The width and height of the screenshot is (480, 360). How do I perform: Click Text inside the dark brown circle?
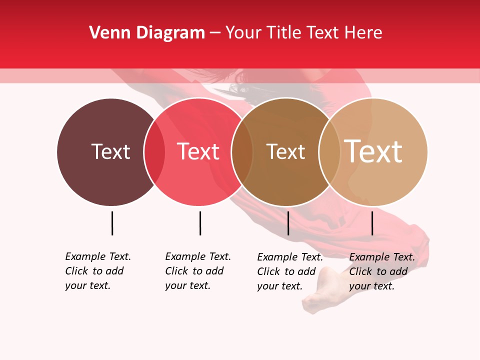(110, 151)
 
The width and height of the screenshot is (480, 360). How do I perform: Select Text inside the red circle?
(198, 151)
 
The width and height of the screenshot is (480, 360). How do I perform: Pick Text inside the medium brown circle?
(285, 151)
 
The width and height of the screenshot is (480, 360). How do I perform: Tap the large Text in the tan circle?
(373, 151)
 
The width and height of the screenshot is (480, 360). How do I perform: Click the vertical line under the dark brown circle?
(112, 223)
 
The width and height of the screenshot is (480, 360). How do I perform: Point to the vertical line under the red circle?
(200, 223)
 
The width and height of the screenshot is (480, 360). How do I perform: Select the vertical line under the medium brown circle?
(288, 223)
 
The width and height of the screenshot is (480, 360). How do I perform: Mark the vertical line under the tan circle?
(372, 223)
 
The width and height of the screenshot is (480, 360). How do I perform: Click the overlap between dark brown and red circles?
(154, 152)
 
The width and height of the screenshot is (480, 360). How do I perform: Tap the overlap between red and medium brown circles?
(242, 152)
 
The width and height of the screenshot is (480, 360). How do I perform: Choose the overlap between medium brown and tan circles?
(329, 152)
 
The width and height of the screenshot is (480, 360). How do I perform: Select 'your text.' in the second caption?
(187, 285)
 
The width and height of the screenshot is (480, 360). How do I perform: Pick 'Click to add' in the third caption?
(286, 271)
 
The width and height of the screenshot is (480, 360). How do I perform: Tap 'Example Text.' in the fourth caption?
(382, 257)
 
